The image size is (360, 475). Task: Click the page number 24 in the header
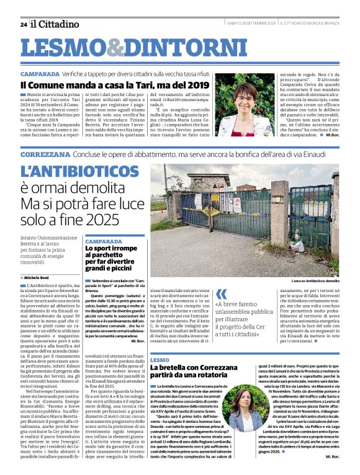(24, 24)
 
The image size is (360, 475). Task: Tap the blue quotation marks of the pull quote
(221, 293)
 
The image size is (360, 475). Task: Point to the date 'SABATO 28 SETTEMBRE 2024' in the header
(251, 24)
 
